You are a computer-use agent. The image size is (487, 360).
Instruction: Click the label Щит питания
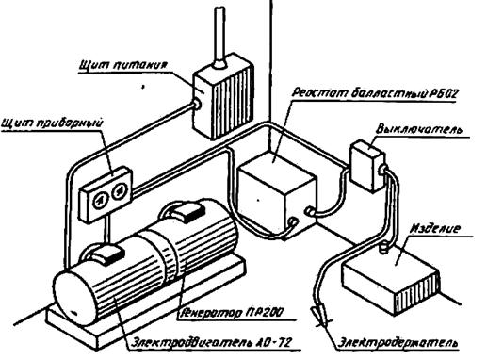[123, 65]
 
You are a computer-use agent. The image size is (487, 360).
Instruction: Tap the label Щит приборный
[52, 123]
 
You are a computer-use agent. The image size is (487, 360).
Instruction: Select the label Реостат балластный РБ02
[374, 93]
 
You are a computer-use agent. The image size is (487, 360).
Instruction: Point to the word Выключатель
[419, 129]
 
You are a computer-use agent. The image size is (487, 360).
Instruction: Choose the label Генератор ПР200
[233, 312]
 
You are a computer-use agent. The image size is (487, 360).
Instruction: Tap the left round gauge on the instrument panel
[100, 200]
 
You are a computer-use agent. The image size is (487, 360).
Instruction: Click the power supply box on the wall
[223, 96]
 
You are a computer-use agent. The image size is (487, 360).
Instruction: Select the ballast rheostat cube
[277, 195]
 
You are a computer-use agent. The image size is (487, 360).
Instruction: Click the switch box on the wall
[367, 167]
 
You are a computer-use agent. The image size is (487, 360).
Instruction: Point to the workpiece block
[390, 280]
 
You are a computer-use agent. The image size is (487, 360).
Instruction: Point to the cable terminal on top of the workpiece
[383, 248]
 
